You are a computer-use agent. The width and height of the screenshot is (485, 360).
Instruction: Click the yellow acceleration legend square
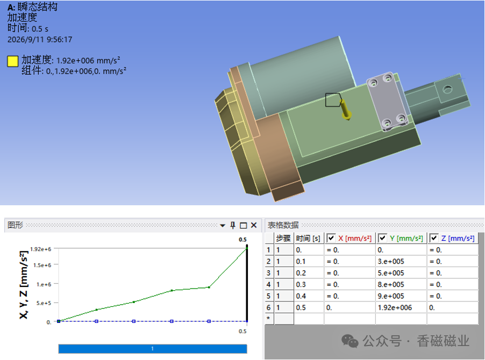click(x=13, y=61)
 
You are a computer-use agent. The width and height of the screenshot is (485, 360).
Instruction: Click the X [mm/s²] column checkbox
click(x=331, y=238)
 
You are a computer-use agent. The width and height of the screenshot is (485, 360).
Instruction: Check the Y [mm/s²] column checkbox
click(x=382, y=238)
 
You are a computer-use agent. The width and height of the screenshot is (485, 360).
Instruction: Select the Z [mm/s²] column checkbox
click(x=434, y=238)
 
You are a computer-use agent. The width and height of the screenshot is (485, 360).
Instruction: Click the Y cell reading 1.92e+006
click(x=395, y=308)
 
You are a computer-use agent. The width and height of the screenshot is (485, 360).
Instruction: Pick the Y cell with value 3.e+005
click(x=391, y=262)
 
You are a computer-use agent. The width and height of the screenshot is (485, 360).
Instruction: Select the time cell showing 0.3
click(x=301, y=285)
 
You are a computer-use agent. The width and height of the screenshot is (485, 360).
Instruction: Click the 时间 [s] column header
click(x=308, y=238)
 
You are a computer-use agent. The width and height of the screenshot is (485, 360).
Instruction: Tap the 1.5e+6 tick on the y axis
click(x=42, y=265)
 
